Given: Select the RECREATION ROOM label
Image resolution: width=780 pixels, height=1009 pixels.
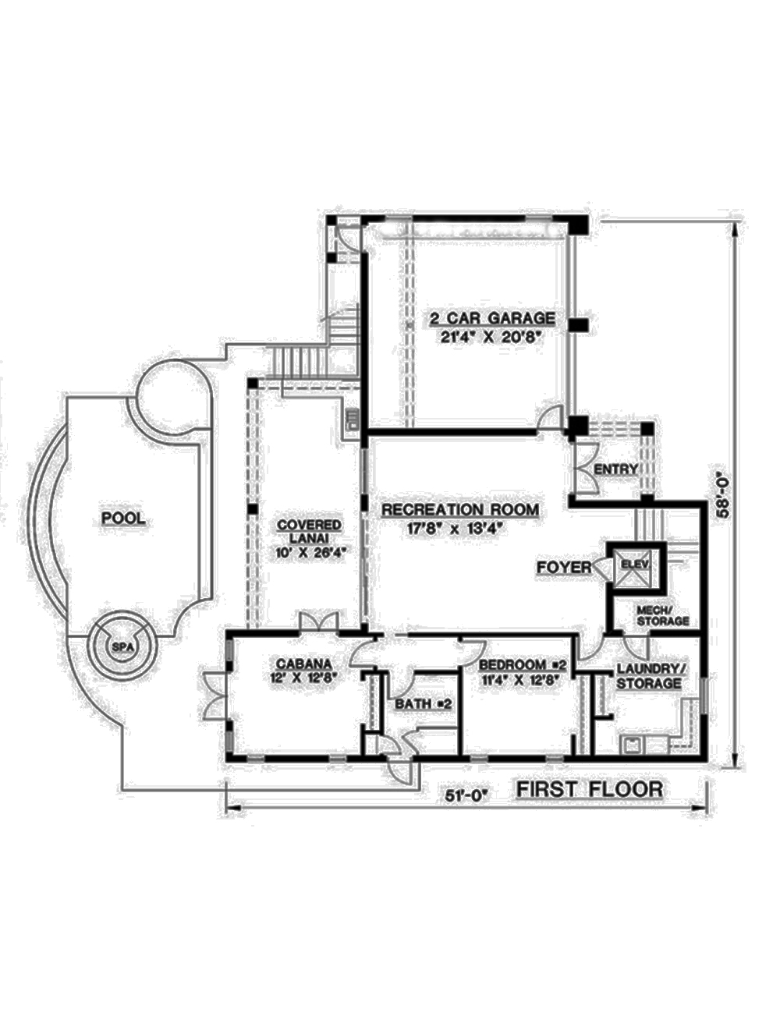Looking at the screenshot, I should coord(459,510).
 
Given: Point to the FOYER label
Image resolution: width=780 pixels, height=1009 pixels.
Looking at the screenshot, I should coord(564,567).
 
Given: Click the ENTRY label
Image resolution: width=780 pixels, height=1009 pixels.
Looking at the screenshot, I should coord(616,469).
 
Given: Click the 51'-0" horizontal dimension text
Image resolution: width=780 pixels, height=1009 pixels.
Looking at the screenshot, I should coord(466,795).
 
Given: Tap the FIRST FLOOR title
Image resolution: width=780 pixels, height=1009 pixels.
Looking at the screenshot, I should coord(590,789).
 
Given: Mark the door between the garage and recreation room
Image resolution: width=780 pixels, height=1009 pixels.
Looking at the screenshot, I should coord(551,419).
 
